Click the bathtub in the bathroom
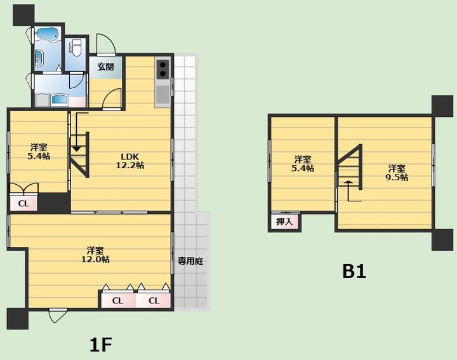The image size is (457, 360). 47,34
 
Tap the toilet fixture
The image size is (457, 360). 76,48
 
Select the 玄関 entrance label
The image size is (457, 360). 105,67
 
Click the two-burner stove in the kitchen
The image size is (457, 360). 162,69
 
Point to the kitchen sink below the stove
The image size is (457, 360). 162,95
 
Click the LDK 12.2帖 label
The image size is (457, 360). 130,161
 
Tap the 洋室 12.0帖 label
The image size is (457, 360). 95,255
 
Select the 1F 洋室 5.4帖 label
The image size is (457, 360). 39,151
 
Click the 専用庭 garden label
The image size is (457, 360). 190,261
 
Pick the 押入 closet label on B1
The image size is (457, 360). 284,222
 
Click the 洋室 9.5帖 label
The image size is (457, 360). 397,173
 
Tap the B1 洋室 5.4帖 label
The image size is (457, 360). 303,164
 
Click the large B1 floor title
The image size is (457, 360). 354,272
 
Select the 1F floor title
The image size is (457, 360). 101,345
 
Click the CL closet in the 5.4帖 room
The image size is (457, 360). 23,203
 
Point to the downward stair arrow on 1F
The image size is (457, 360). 77,132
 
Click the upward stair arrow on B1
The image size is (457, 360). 348,191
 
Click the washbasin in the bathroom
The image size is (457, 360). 39,58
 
